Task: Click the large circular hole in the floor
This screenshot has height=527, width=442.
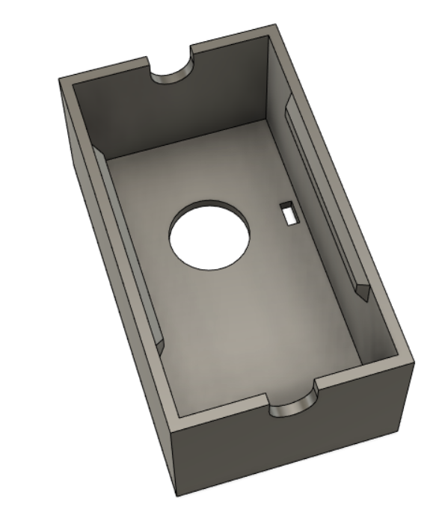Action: click(209, 235)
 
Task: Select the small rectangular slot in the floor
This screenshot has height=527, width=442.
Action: click(288, 212)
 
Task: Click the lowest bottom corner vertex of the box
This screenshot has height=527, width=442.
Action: click(177, 496)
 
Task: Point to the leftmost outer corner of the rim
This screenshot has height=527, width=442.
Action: click(60, 77)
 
